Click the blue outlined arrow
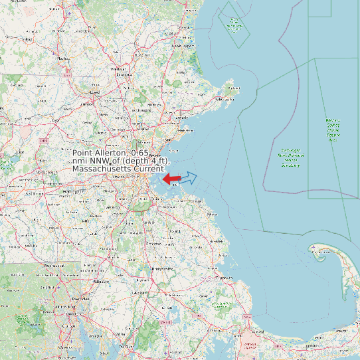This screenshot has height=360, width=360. pyautogui.click(x=189, y=177)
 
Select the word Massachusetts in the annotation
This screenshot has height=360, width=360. pyautogui.click(x=102, y=169)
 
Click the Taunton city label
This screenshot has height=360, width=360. pyautogui.click(x=139, y=293)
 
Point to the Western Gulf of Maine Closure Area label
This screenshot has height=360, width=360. pyautogui.click(x=332, y=130)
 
